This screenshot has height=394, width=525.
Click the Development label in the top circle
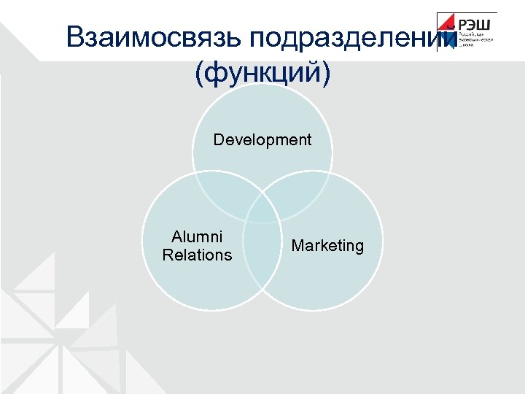pos(262,139)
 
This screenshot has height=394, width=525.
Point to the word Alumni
pos(197,237)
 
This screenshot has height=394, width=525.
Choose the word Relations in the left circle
pos(197,255)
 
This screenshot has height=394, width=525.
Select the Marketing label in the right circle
pos(327,246)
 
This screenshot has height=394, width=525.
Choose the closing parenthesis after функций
pos(325,73)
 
